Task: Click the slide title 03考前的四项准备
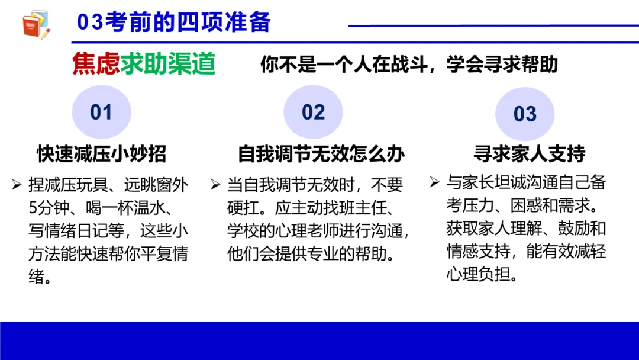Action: click(174, 22)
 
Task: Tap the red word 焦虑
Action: click(96, 65)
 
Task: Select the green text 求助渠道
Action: click(167, 65)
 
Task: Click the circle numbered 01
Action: click(101, 112)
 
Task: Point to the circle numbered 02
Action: click(313, 112)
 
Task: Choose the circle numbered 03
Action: click(525, 114)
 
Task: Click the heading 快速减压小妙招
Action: click(101, 154)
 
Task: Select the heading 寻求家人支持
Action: click(529, 155)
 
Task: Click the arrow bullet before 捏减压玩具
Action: click(17, 185)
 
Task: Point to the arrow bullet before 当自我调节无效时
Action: click(215, 185)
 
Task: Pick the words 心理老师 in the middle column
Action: click(317, 230)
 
